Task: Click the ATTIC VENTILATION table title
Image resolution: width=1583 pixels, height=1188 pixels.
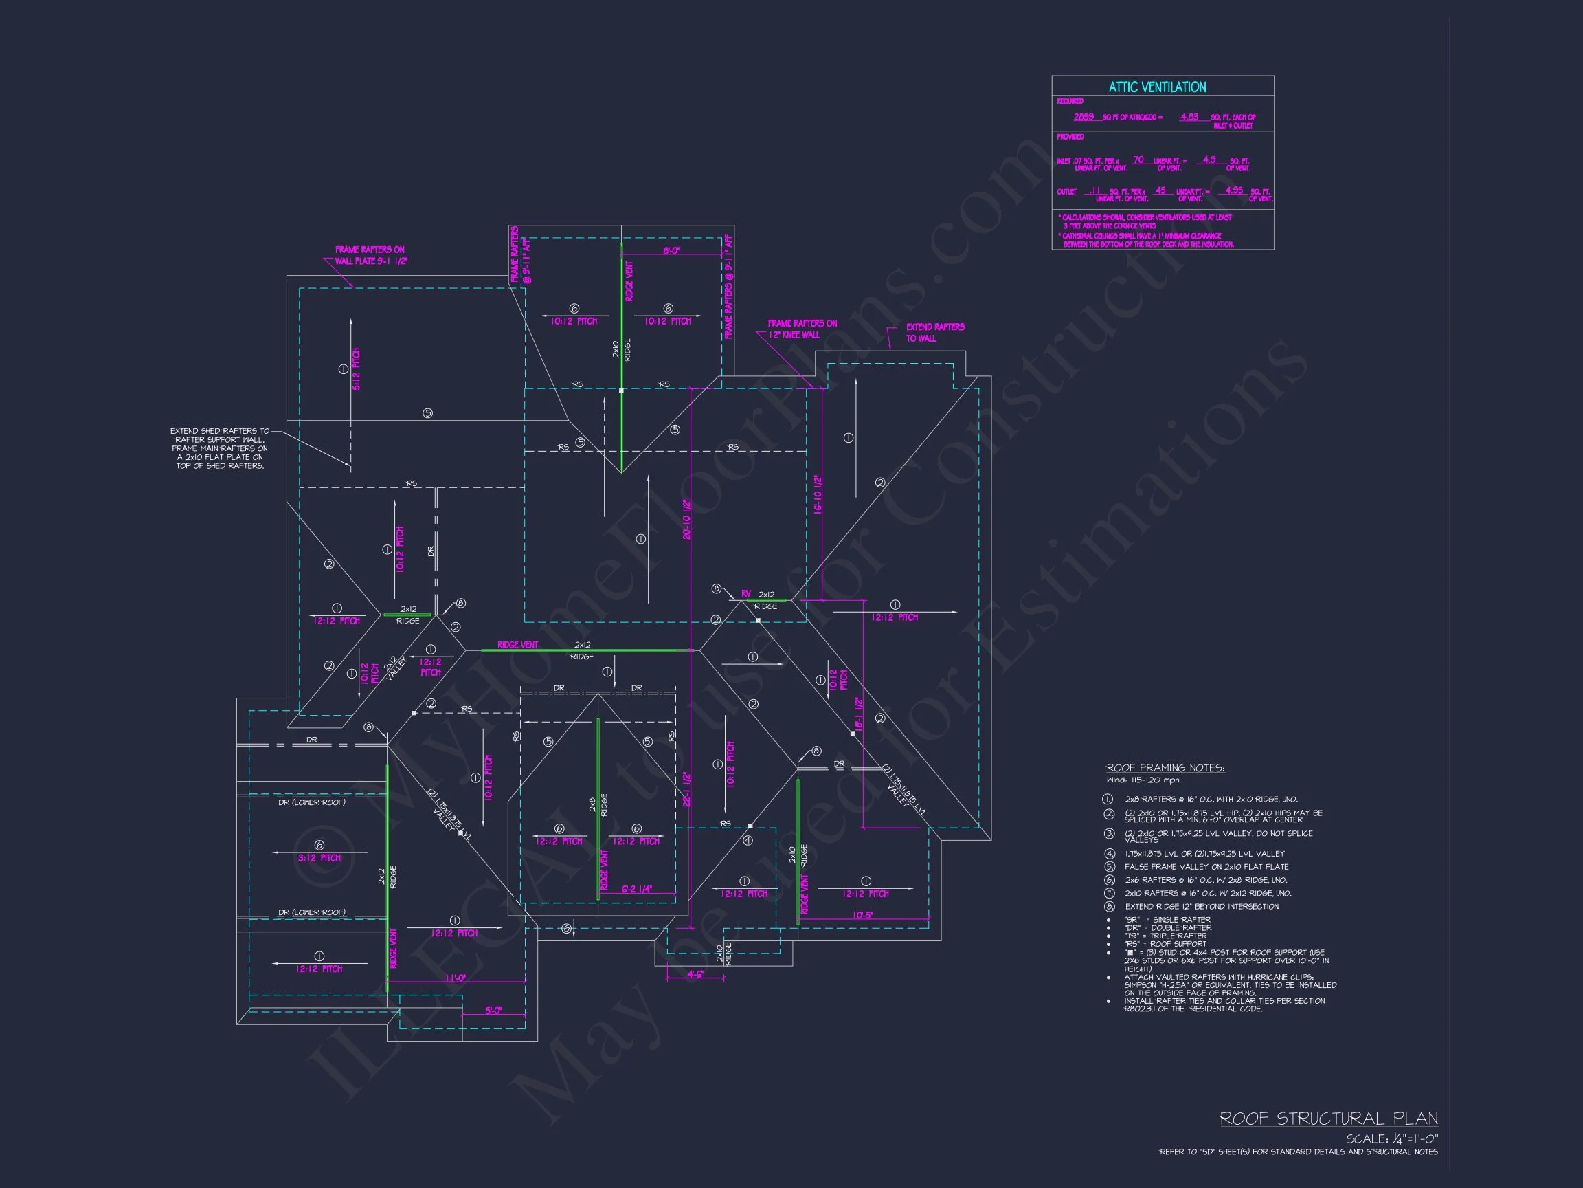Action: click(1157, 87)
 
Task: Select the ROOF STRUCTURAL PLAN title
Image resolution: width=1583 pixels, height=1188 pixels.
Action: click(1328, 1119)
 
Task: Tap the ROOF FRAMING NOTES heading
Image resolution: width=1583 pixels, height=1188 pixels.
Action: click(1165, 769)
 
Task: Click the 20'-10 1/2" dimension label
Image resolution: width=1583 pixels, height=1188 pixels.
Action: click(687, 519)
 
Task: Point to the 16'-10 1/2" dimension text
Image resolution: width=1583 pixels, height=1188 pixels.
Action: click(818, 494)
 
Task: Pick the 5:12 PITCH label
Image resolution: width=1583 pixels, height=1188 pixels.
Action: click(357, 368)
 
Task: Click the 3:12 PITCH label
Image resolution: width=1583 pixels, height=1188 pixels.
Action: click(319, 858)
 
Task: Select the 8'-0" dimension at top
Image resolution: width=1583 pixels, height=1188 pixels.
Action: click(671, 251)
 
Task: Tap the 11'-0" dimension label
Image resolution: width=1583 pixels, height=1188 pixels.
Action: click(455, 978)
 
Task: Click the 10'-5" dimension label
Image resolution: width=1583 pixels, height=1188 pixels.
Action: click(862, 915)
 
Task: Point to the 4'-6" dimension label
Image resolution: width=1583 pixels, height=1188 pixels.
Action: click(695, 975)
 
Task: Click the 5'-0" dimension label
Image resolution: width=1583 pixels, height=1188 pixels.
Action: click(493, 1011)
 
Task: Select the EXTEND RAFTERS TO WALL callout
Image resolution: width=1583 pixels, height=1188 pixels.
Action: click(934, 332)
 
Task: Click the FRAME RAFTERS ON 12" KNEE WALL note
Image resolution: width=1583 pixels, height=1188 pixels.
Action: click(802, 329)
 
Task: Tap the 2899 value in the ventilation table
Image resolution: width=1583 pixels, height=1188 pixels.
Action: click(1084, 117)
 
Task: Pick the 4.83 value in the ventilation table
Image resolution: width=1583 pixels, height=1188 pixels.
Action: click(1189, 117)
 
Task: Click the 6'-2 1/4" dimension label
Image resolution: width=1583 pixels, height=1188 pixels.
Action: click(636, 890)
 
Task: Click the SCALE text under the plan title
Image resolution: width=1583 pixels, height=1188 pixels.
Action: click(1392, 1139)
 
